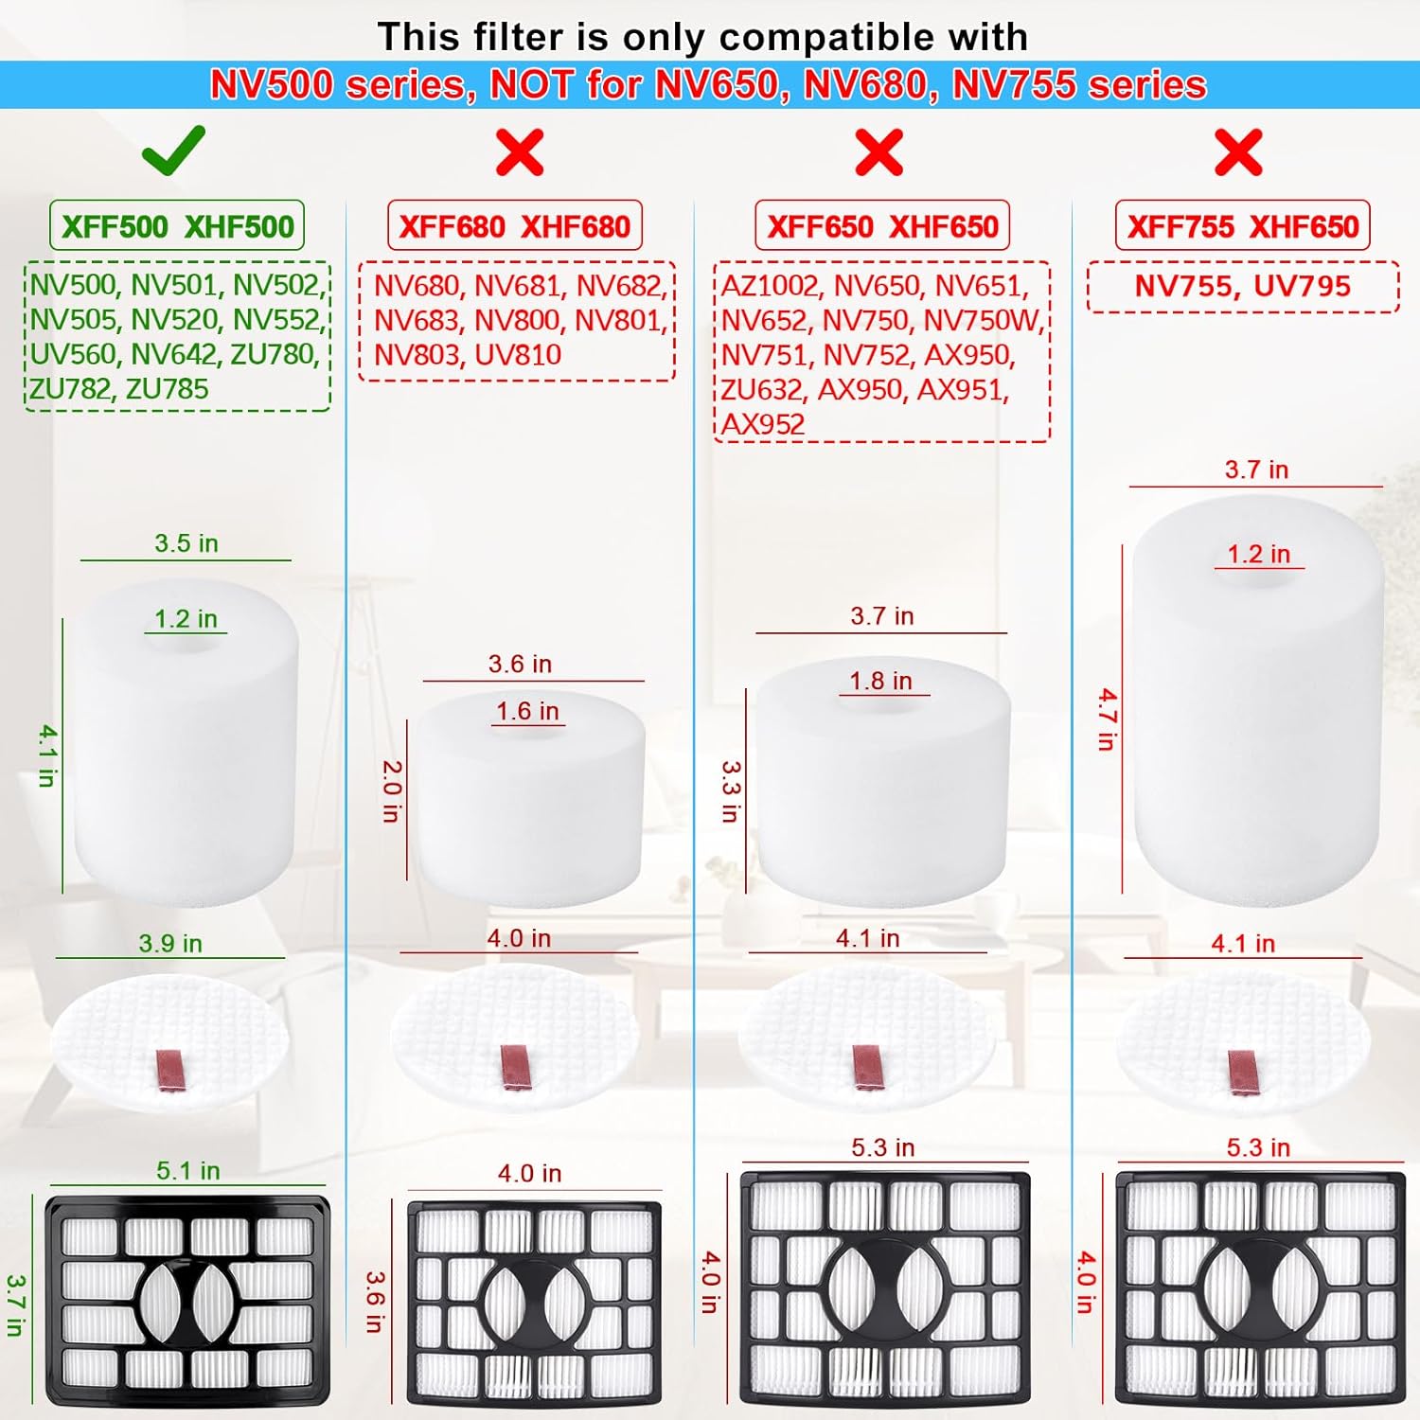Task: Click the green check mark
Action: click(173, 151)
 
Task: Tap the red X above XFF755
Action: click(1238, 152)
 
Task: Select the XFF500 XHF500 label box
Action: click(177, 225)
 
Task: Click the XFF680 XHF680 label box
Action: click(515, 225)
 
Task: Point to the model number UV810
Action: click(518, 355)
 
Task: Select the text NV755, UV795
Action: click(1242, 286)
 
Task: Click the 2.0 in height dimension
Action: click(392, 790)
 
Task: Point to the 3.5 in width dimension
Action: click(186, 543)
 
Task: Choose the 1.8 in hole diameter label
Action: click(880, 681)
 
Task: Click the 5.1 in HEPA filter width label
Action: click(188, 1171)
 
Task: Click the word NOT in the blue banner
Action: click(531, 85)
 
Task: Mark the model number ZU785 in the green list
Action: click(167, 389)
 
